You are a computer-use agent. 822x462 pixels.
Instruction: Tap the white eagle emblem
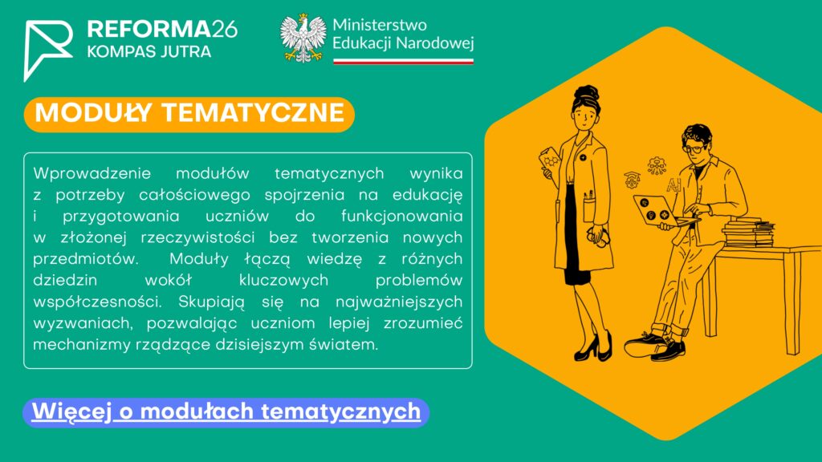[303, 38]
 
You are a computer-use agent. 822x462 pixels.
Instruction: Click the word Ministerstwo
[380, 25]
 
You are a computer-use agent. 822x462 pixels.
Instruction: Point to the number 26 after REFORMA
[225, 30]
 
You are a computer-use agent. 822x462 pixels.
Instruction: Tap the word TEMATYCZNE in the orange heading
[253, 113]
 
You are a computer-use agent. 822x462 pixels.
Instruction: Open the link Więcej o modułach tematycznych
[226, 411]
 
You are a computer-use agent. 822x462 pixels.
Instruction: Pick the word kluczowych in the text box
[283, 281]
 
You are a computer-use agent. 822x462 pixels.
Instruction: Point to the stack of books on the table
[748, 232]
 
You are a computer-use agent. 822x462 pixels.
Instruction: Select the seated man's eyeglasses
[693, 148]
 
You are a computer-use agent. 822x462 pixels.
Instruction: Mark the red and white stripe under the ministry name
[403, 61]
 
